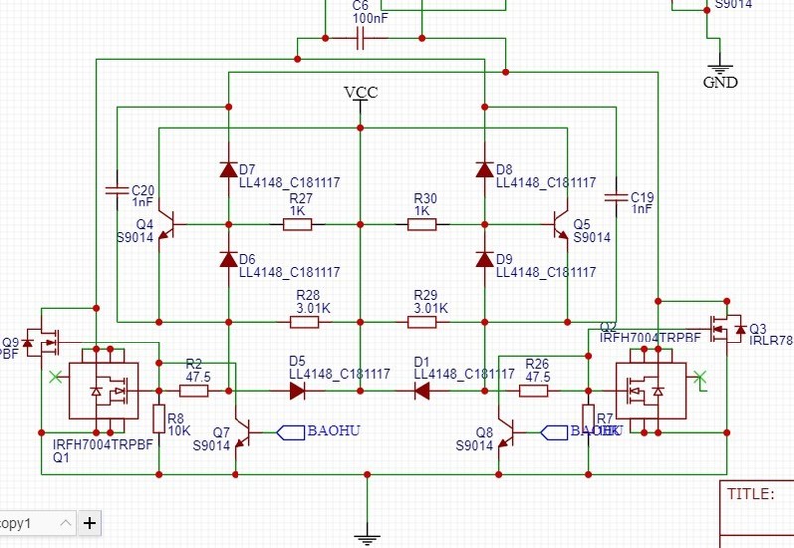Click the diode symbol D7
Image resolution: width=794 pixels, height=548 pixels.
pos(228,169)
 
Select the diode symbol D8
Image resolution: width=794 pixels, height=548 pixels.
pos(484,169)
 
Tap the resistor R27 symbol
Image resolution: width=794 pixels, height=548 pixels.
pos(298,224)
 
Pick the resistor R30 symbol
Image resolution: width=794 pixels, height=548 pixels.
pos(422,224)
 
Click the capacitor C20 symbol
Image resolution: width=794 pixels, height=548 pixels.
pos(117,189)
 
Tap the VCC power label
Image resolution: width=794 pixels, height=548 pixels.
pos(360,93)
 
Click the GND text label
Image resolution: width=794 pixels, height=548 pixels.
pos(720,83)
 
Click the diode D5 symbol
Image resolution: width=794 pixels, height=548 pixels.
pos(297,391)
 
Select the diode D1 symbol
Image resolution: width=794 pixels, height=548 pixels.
pos(421,391)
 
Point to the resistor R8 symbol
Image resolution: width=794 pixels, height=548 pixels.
pos(158,416)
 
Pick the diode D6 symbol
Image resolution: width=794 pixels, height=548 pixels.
pos(228,259)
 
